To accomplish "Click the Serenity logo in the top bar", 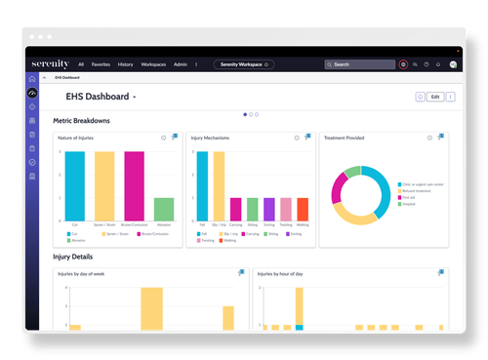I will (x=50, y=64).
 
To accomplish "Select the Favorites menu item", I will (x=100, y=64).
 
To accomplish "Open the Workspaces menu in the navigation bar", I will (x=153, y=64).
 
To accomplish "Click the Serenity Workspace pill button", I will (x=244, y=64).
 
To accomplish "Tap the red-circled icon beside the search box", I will (x=404, y=64).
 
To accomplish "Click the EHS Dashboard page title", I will (x=99, y=98).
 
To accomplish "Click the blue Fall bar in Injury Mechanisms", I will (x=202, y=184).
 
